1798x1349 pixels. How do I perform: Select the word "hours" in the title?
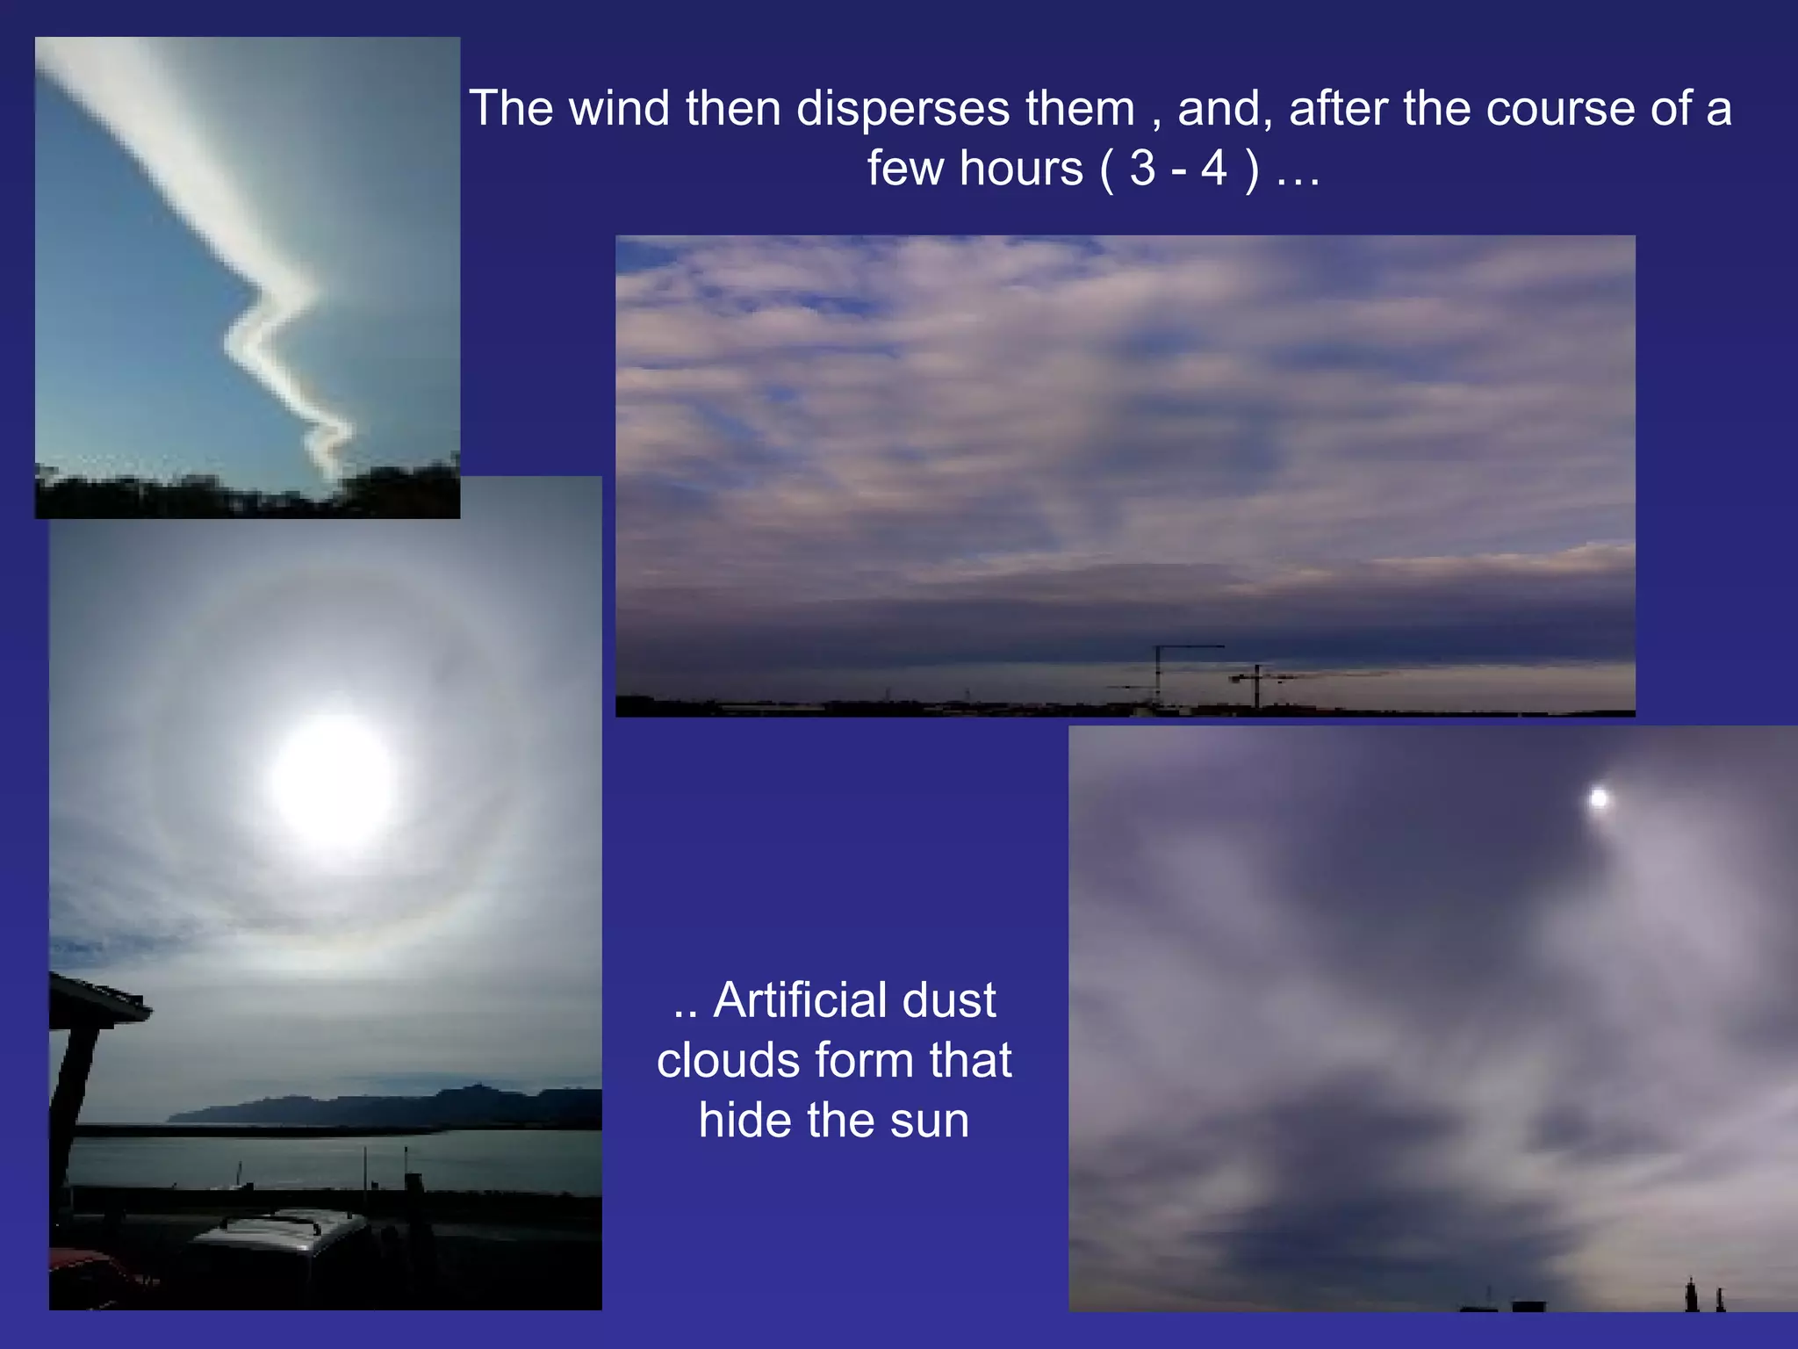1021,169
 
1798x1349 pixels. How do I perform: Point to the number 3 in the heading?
1142,169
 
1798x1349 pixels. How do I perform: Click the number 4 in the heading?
1214,169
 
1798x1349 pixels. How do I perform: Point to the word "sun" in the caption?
929,1121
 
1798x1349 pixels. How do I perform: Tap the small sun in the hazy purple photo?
1599,798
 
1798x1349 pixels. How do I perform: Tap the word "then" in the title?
733,109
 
